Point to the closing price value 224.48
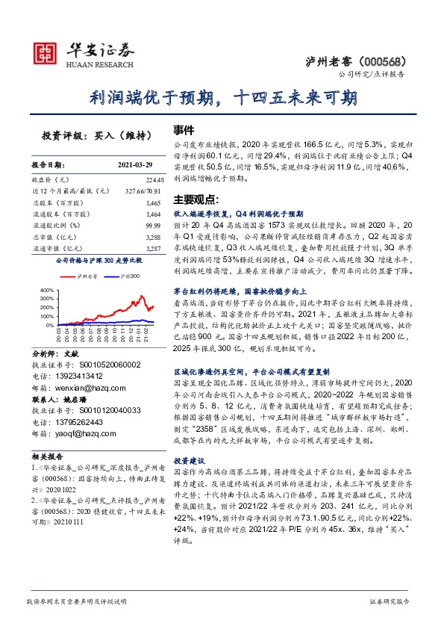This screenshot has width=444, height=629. point(151,180)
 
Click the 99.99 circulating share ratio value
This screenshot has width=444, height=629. point(153,225)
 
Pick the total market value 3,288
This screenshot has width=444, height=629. point(152,236)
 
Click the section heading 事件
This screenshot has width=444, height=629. point(184,128)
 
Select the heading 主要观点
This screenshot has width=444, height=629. point(194,199)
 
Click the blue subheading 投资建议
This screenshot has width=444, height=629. point(190,461)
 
